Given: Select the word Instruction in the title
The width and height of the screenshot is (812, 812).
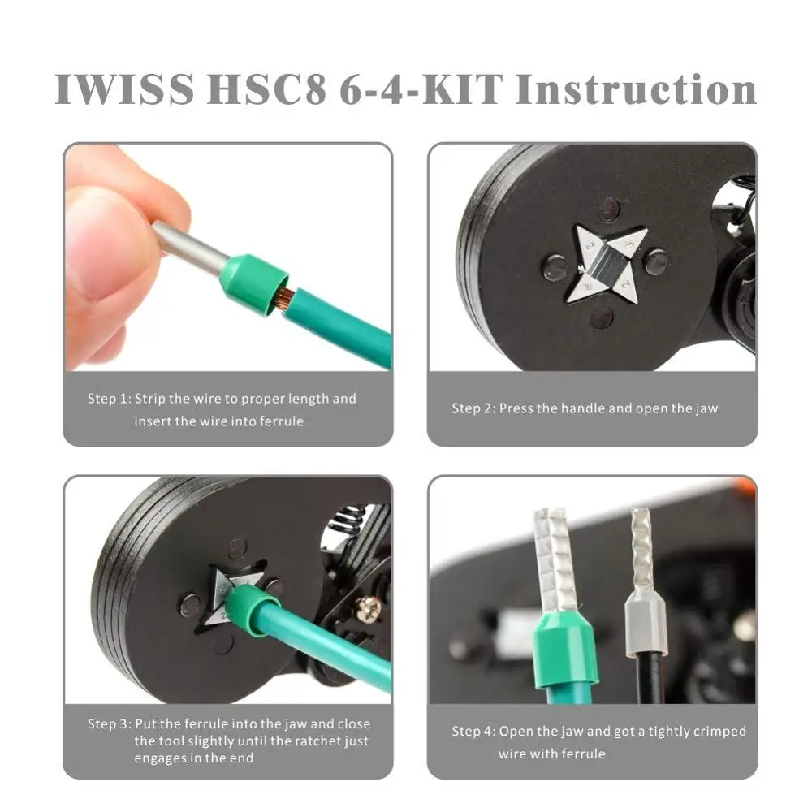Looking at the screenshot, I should tap(636, 89).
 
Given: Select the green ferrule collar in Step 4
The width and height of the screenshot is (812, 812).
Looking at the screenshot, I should tap(564, 650).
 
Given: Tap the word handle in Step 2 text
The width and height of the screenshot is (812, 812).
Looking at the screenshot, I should tap(582, 408).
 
